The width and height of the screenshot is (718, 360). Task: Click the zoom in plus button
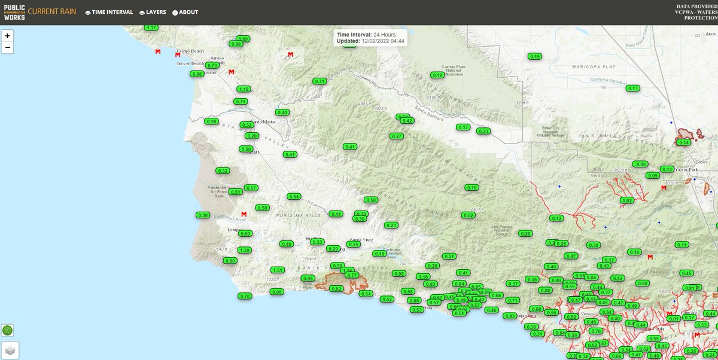click(x=8, y=35)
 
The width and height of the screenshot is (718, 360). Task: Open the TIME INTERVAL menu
click(x=109, y=12)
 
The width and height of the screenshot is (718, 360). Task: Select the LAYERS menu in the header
click(x=152, y=12)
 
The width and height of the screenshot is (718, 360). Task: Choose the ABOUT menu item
click(x=185, y=12)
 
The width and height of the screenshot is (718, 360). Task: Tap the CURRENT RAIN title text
click(x=52, y=12)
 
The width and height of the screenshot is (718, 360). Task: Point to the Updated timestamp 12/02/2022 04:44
click(x=382, y=41)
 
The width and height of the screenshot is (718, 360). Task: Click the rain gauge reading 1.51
click(x=277, y=270)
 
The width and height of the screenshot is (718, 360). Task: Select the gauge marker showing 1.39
click(x=244, y=250)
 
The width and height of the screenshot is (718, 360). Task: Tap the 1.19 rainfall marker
click(x=243, y=89)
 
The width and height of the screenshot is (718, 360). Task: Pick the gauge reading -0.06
click(x=640, y=164)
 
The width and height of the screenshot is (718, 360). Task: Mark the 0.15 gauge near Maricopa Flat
click(x=535, y=56)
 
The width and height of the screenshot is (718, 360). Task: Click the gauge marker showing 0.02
click(x=627, y=200)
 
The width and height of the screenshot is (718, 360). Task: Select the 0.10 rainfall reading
click(x=471, y=188)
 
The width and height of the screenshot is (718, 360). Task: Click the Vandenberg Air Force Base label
click(x=219, y=192)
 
